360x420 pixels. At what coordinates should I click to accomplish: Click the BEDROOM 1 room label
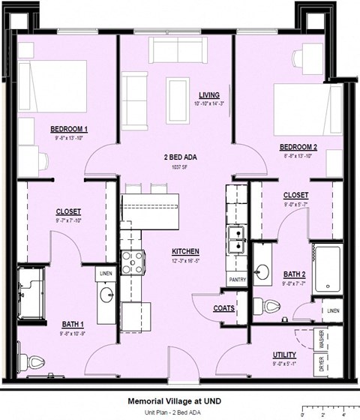69,128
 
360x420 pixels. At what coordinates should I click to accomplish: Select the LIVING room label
209,94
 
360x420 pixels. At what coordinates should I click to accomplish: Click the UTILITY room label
284,355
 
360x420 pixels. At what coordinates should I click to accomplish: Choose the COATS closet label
223,308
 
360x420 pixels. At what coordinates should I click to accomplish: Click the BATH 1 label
73,325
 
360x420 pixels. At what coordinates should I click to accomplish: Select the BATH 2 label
295,275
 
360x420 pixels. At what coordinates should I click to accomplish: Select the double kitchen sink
238,242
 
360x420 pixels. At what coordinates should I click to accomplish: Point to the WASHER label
322,340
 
